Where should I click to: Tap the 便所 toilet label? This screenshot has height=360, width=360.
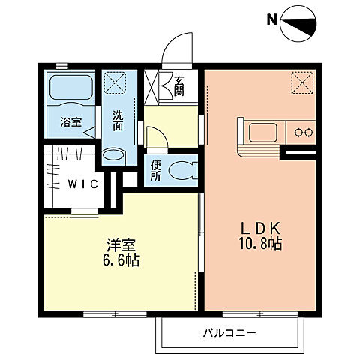coord(155,171)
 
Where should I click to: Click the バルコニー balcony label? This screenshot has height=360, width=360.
coord(229,332)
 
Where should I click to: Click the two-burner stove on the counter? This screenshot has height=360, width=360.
coord(304,133)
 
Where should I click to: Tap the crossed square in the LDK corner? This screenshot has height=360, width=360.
coord(302,81)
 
